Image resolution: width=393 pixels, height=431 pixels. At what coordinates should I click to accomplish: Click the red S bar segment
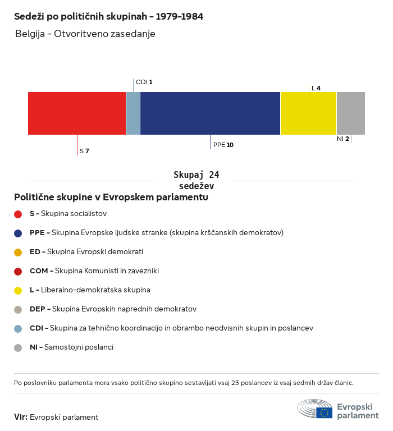(77, 113)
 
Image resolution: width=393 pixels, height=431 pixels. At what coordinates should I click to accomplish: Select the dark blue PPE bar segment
(210, 113)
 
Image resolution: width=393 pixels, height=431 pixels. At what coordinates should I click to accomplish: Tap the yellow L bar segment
(308, 113)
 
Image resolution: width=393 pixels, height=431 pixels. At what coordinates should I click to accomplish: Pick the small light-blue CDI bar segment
(133, 113)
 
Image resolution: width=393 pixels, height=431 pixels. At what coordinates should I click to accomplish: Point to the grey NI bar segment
(350, 113)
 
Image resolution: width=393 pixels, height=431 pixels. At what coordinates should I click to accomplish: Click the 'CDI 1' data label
(144, 82)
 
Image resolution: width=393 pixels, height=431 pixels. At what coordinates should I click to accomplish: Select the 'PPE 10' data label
(223, 145)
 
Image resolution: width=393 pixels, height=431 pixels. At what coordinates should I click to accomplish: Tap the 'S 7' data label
(84, 151)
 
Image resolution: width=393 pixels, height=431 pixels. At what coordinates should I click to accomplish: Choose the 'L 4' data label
(316, 88)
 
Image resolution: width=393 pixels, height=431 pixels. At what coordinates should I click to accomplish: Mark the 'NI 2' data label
(342, 139)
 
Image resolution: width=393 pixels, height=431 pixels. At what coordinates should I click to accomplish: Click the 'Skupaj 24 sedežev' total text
(196, 180)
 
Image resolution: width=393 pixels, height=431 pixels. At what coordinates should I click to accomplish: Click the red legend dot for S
(18, 214)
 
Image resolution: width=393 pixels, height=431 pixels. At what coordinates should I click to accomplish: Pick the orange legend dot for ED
(18, 252)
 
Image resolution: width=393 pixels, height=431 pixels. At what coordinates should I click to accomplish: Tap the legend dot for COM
(18, 271)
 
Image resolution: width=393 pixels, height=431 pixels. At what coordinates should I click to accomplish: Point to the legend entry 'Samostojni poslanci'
(79, 347)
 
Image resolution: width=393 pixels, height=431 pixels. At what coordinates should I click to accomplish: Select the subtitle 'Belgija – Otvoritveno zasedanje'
(85, 34)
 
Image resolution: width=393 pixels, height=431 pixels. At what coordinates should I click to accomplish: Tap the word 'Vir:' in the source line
(21, 417)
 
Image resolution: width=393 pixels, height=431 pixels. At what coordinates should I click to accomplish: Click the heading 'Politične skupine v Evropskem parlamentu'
(111, 198)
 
